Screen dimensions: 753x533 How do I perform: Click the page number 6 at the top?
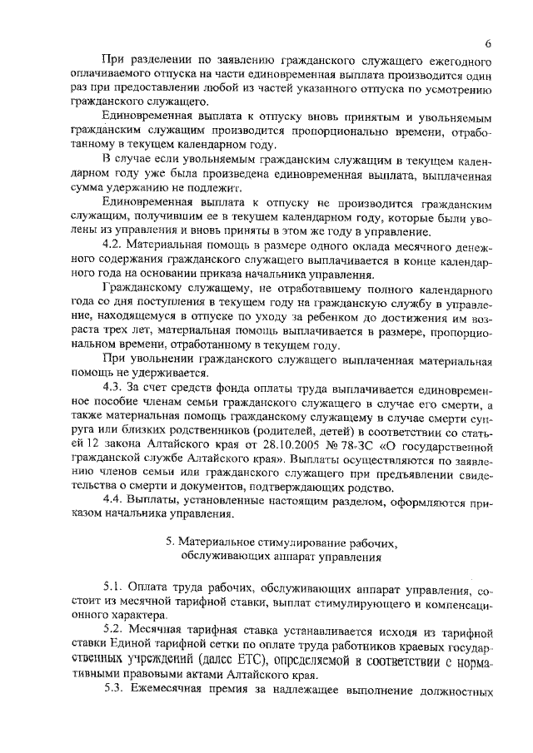[489, 43]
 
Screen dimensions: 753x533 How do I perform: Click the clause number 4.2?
[112, 245]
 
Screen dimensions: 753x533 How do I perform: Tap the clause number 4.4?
[112, 498]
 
